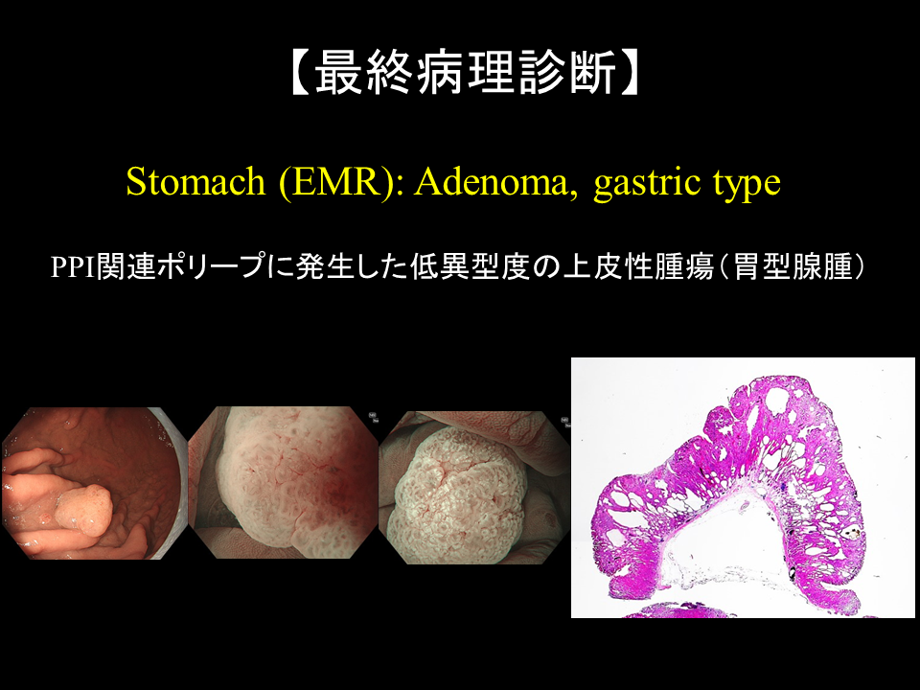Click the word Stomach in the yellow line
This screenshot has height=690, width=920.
[x=195, y=182]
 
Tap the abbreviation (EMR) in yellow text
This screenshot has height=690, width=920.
[x=341, y=183]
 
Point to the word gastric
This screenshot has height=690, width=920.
[x=649, y=184]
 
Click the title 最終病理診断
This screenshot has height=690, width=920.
[x=467, y=73]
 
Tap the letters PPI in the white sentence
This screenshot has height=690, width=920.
[x=74, y=267]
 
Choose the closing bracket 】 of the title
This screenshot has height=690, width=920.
[x=631, y=73]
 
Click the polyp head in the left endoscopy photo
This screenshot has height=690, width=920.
[x=86, y=508]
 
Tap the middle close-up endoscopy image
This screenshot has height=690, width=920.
[x=283, y=482]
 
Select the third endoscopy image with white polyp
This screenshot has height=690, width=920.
[x=473, y=487]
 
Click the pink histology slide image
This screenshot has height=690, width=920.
[x=743, y=488]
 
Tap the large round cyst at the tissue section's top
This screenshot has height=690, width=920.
[x=777, y=401]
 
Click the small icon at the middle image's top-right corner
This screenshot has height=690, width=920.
[x=373, y=417]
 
